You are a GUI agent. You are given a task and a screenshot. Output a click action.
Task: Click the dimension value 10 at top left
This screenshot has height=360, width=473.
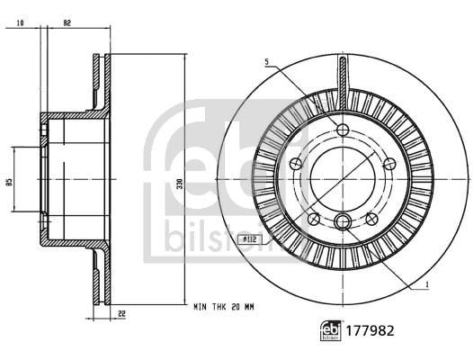pyautogui.click(x=20, y=22)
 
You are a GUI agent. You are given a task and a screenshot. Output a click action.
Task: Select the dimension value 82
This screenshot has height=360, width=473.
pyautogui.click(x=67, y=22)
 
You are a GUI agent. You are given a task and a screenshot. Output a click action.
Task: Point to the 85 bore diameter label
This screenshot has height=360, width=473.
pyautogui.click(x=10, y=182)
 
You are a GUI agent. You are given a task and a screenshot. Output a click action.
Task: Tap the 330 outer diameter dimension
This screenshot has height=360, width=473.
pyautogui.click(x=180, y=184)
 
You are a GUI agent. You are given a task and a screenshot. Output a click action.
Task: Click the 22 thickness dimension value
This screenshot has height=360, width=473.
pyautogui.click(x=121, y=314)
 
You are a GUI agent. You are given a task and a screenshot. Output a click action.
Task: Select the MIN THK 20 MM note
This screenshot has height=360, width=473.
pyautogui.click(x=224, y=307)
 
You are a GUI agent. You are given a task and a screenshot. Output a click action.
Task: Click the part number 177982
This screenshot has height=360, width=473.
pyautogui.click(x=370, y=331)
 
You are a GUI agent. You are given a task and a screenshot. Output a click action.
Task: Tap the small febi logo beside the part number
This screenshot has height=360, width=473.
pyautogui.click(x=331, y=331)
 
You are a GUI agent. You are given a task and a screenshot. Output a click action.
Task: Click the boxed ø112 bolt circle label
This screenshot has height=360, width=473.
pyautogui.click(x=250, y=239)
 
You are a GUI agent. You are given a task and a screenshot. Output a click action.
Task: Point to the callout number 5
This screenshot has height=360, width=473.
pyautogui.click(x=267, y=62)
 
